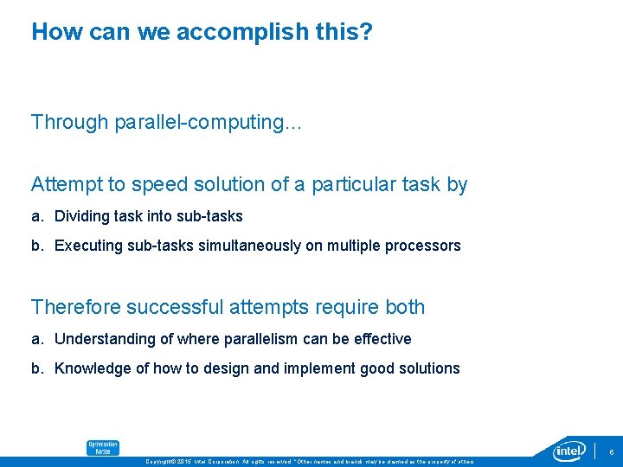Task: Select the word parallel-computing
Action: click(x=207, y=123)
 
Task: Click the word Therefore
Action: click(x=76, y=307)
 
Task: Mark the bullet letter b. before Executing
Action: click(x=37, y=246)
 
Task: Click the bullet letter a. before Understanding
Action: click(x=37, y=339)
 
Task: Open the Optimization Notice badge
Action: click(x=102, y=447)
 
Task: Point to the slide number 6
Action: click(x=611, y=451)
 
